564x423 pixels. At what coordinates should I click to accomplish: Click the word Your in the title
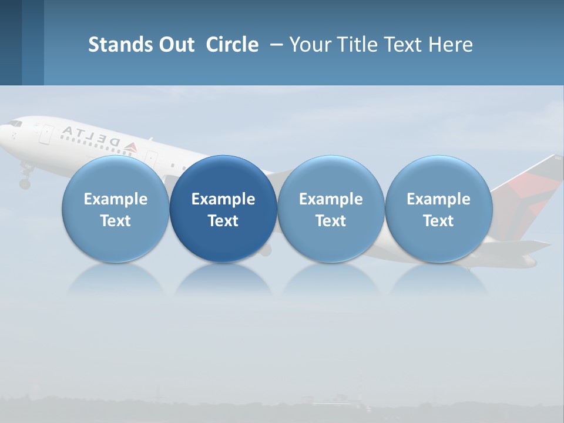309,45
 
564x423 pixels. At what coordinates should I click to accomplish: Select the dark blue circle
223,209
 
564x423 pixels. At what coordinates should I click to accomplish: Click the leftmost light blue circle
116,209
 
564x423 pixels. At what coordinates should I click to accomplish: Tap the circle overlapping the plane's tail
438,209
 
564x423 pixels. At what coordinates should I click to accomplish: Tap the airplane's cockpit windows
14,123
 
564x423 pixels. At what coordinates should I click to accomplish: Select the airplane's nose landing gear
25,179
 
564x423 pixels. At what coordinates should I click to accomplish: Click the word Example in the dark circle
223,199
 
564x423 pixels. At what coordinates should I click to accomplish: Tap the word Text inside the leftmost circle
116,221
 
